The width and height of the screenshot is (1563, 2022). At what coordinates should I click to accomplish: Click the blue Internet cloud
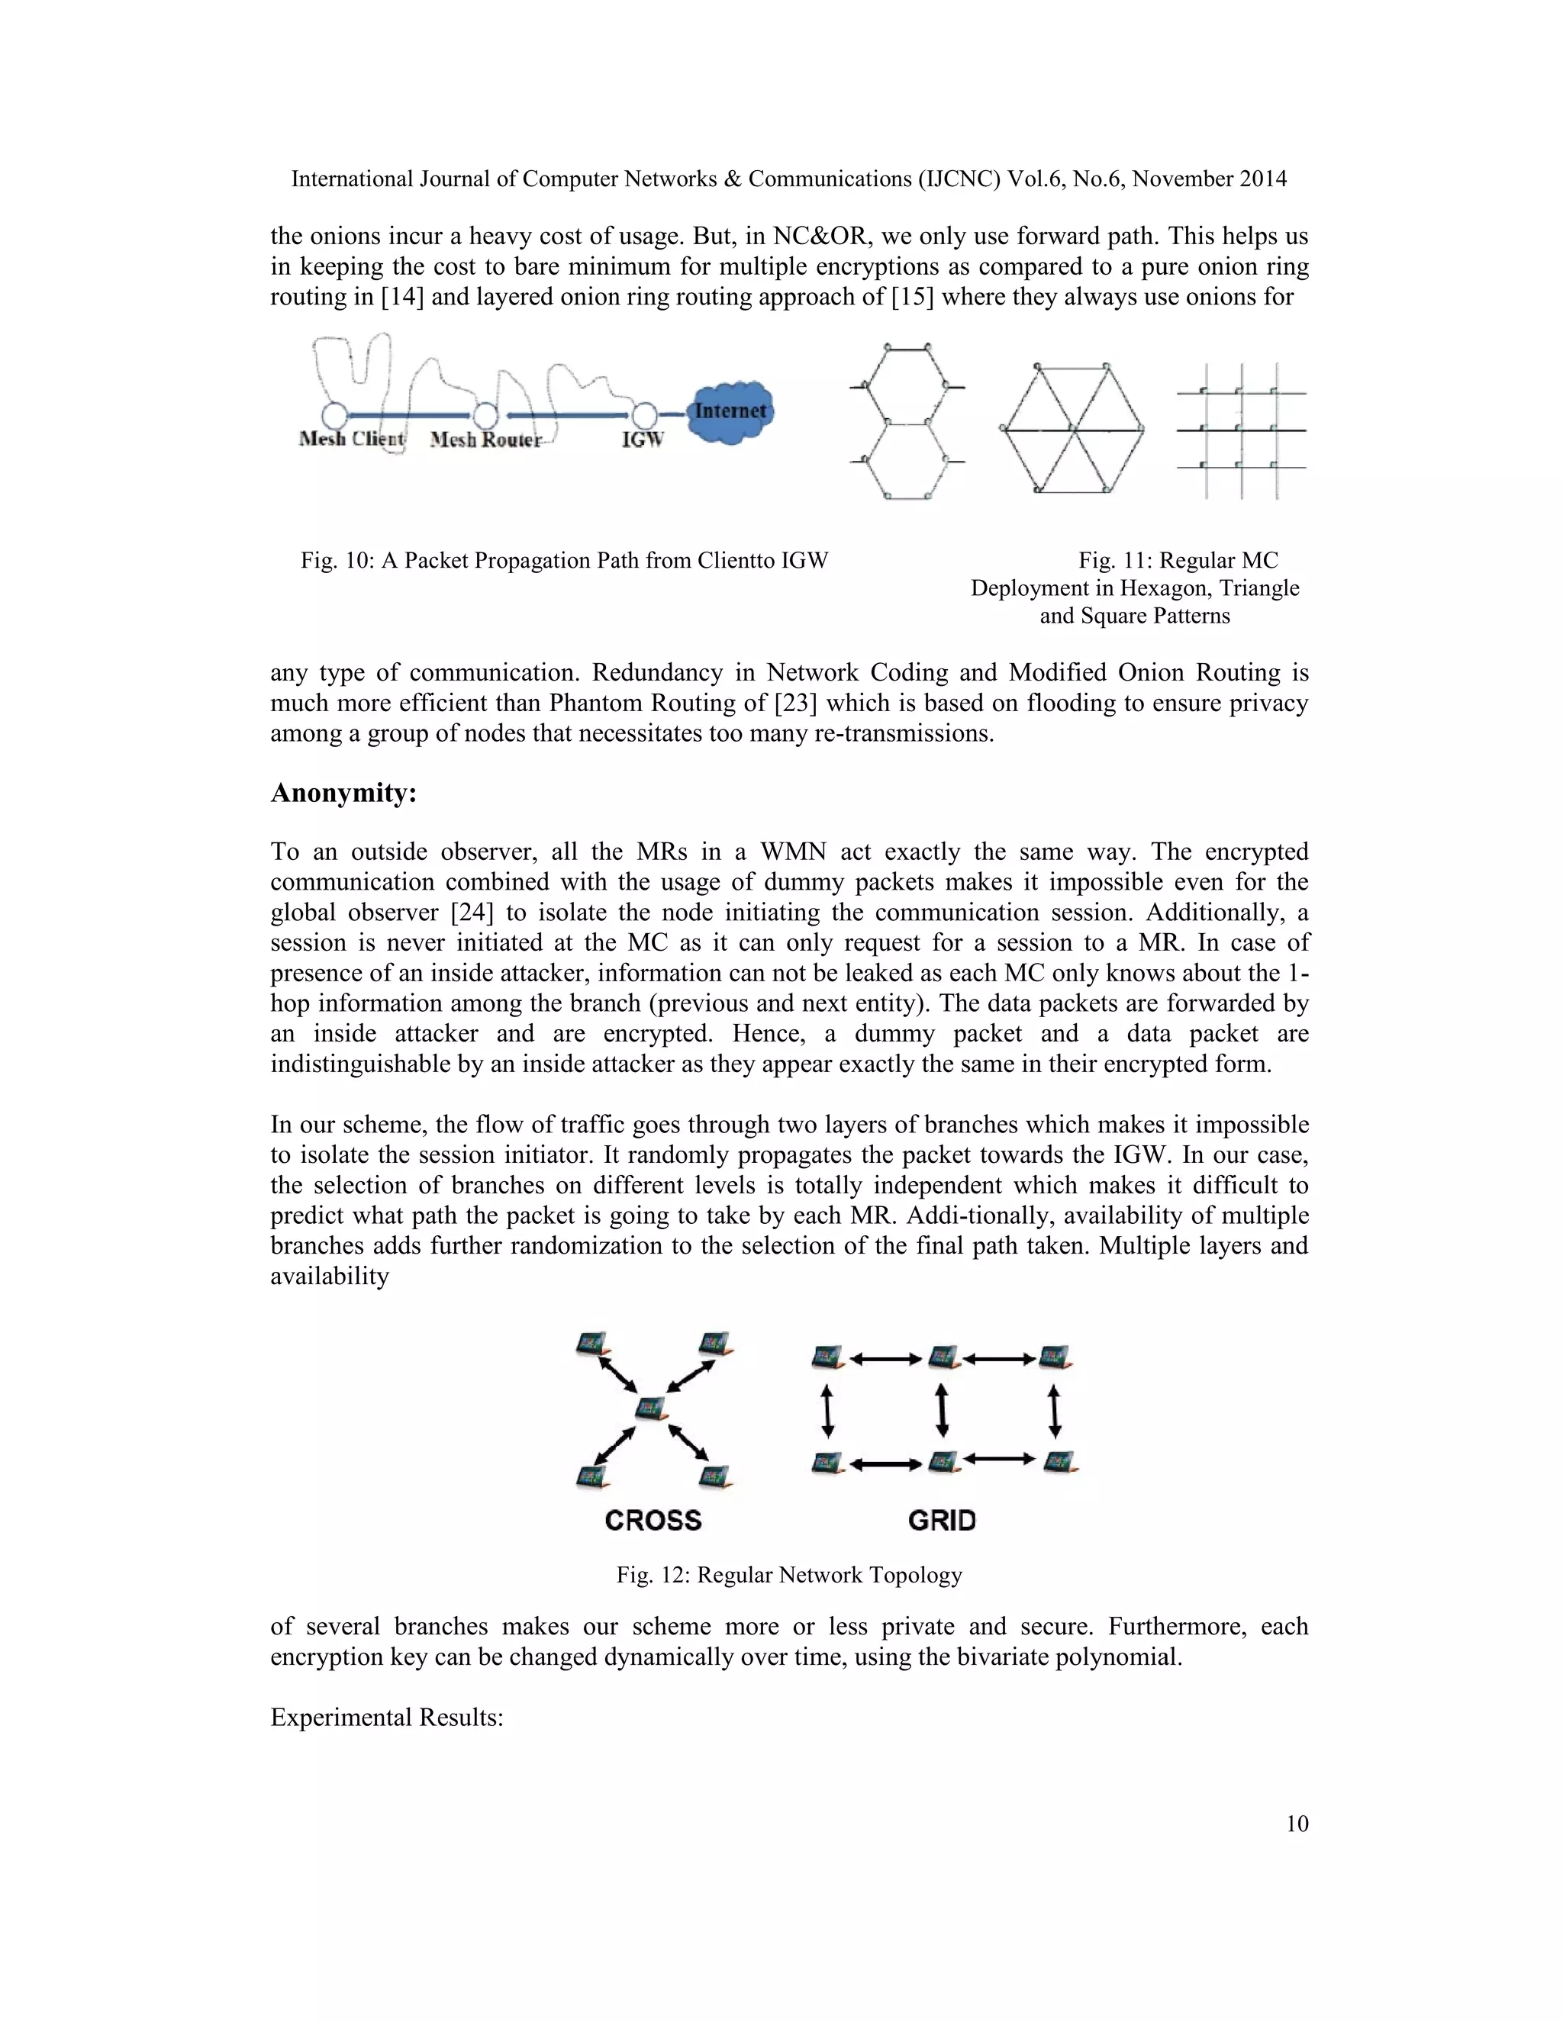(x=730, y=411)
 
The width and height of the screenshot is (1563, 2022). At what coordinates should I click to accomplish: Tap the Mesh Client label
(x=352, y=439)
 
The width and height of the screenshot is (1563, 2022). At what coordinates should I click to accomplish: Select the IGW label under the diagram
(x=642, y=439)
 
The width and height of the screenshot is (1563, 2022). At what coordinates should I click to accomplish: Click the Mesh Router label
(x=485, y=439)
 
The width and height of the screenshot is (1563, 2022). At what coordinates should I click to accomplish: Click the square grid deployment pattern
(x=1241, y=430)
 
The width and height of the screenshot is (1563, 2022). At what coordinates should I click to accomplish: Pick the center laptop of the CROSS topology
(x=652, y=1409)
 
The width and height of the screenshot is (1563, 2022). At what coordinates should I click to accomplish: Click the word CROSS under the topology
(x=653, y=1520)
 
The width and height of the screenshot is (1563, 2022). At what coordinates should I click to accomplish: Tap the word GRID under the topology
(x=942, y=1520)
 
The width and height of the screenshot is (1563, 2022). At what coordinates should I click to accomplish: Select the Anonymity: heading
(x=343, y=793)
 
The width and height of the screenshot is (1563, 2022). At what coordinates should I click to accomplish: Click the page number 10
(x=1297, y=1823)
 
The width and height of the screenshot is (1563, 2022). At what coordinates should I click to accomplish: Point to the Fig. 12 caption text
(x=789, y=1575)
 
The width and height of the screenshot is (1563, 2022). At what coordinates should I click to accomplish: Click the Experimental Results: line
(x=386, y=1718)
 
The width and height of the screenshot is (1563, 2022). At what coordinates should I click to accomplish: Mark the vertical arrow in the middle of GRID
(x=942, y=1409)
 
